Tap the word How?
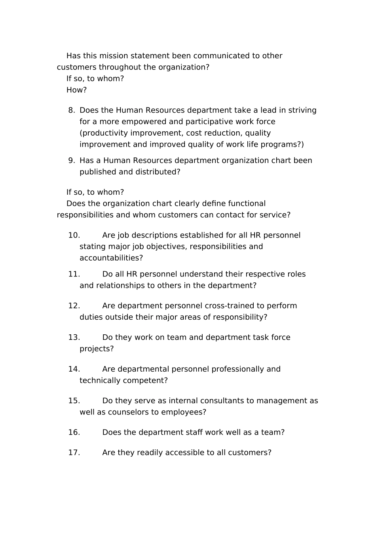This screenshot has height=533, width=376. [x=76, y=90]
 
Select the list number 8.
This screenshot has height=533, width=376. [x=71, y=110]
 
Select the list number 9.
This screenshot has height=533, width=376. [x=71, y=161]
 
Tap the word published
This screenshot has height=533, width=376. [x=98, y=172]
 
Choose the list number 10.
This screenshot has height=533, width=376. [x=74, y=236]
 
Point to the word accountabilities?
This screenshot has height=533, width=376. [x=111, y=258]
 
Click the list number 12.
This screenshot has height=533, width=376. [x=74, y=306]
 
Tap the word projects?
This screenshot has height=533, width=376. [x=97, y=349]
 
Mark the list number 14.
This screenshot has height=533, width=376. [x=74, y=369]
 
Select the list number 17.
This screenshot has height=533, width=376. [x=74, y=453]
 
